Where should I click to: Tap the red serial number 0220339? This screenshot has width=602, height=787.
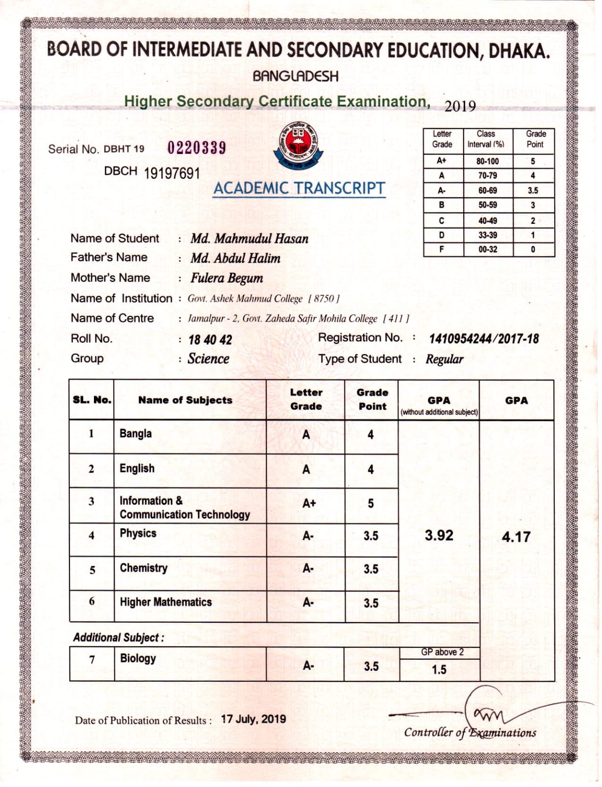point(196,148)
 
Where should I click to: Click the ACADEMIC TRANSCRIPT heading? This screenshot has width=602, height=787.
point(299,188)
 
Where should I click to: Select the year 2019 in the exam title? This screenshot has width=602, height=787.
point(460,107)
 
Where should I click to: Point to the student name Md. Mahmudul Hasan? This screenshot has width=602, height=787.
point(249,239)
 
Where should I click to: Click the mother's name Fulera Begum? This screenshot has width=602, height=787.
point(226,278)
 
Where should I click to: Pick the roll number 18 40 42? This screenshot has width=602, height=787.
point(210,340)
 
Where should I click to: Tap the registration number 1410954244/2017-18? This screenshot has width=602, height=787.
point(484,339)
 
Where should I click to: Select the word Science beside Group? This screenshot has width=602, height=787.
point(208,359)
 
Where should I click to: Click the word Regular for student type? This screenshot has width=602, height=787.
point(444,360)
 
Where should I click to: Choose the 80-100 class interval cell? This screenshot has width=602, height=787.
point(487,161)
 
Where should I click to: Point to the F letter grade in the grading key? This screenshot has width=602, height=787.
point(442,249)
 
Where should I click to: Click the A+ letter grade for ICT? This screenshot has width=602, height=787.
point(309,503)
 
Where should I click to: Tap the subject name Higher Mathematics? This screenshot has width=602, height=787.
point(165,602)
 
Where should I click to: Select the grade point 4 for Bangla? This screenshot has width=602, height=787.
point(370,435)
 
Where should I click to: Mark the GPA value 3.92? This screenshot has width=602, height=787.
point(439,535)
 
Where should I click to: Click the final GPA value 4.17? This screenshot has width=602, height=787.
point(516,537)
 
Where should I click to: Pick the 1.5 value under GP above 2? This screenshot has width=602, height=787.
point(439,669)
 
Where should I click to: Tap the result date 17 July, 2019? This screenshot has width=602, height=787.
point(253,719)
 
